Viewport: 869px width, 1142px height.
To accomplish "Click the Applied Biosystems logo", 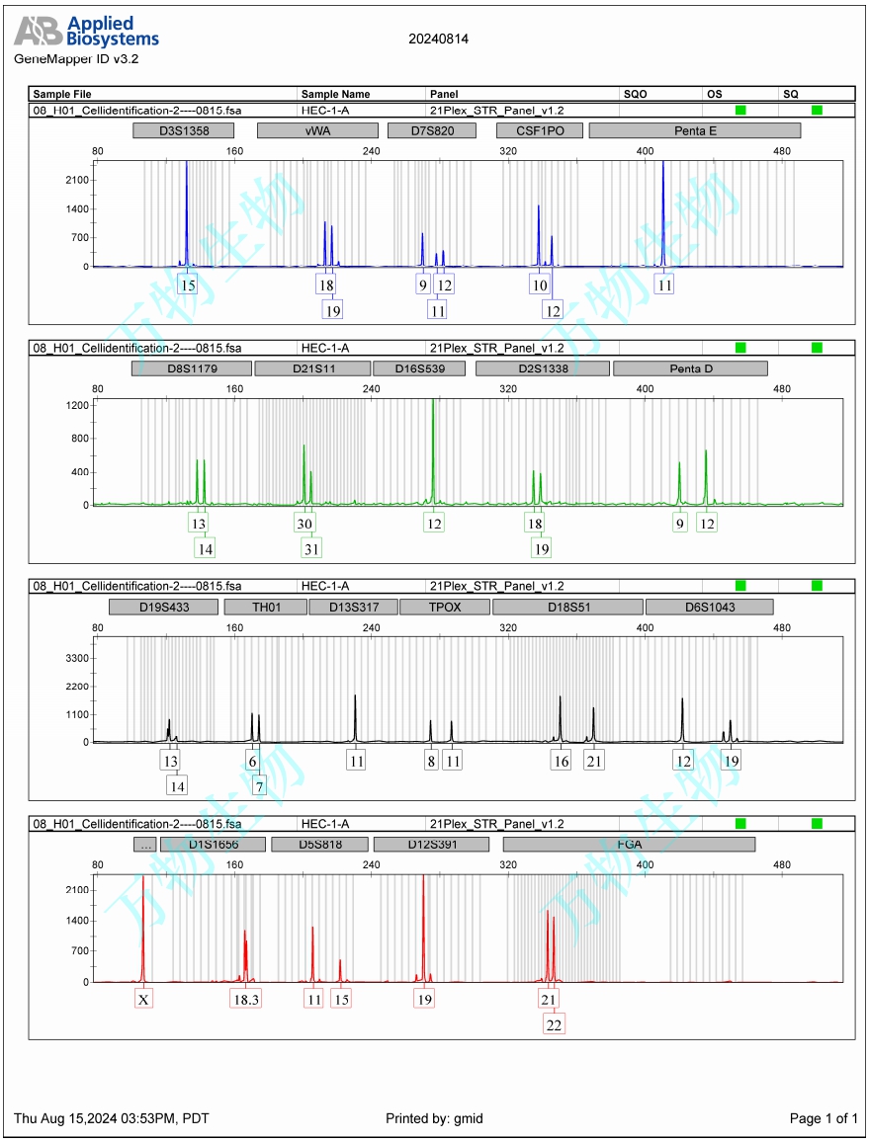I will click(86, 32).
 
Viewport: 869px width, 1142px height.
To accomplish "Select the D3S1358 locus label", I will click(184, 130).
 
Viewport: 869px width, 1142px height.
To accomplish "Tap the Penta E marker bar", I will click(695, 130).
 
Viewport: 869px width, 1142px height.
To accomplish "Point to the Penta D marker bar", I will click(690, 368).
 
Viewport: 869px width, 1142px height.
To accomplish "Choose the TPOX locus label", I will click(444, 607).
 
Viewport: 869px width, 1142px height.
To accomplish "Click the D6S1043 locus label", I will click(709, 607).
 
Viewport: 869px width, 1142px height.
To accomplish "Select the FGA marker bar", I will click(629, 845).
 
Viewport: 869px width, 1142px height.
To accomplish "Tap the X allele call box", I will click(143, 999).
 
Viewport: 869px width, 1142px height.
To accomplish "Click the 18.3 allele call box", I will click(245, 999).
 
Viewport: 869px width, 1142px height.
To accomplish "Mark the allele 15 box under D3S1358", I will click(187, 285).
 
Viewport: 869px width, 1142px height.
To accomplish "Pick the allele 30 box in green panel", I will click(304, 523).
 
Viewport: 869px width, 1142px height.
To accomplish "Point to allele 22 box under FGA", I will click(554, 1024).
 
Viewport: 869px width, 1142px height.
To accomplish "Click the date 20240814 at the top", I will click(438, 40).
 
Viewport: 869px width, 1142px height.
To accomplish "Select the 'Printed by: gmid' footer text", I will click(434, 1118).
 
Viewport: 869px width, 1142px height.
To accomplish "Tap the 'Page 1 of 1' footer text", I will click(824, 1118).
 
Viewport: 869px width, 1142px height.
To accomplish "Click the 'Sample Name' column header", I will click(335, 94).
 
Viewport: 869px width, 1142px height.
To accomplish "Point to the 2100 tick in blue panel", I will click(78, 180).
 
